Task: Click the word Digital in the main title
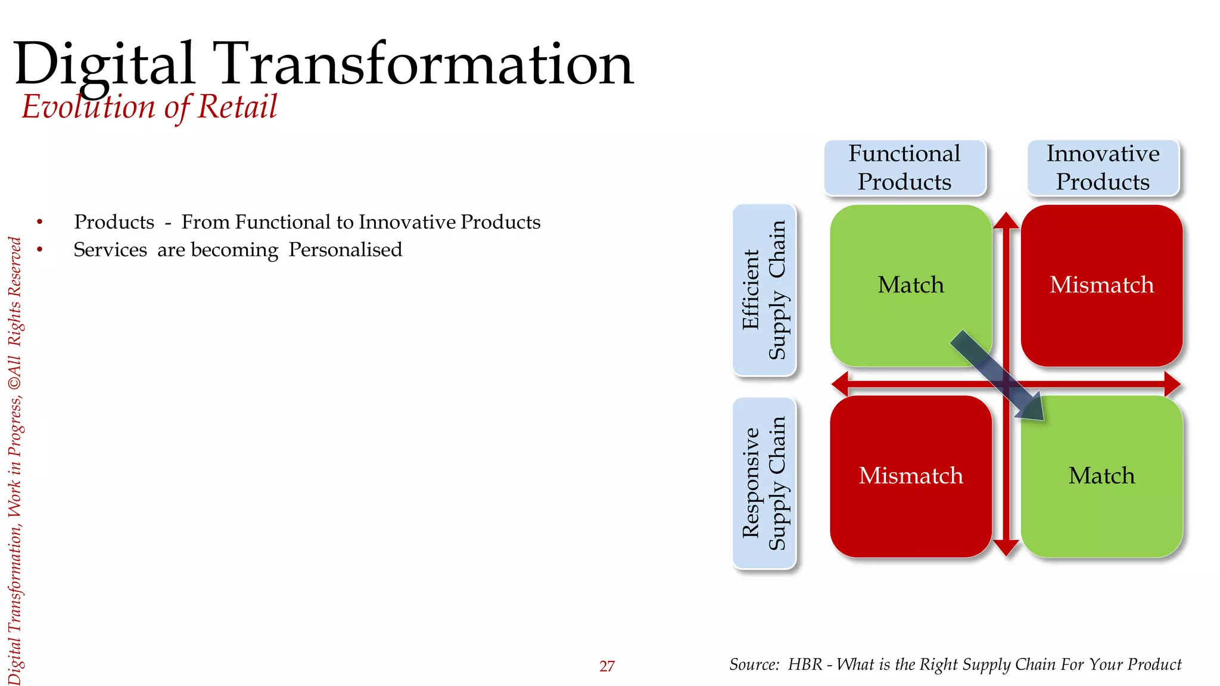104,64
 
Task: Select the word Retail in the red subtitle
237,107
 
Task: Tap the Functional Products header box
904,168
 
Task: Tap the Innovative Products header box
1103,168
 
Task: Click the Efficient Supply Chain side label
764,290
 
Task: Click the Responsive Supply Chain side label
764,483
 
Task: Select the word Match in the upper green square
910,285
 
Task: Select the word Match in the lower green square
1101,476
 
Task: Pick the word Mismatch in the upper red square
1101,285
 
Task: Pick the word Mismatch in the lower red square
910,476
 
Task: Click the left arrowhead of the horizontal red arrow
840,384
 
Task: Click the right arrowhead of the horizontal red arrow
1172,384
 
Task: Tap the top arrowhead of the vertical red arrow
1006,220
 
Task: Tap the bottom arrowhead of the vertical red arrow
1006,548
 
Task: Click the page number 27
606,666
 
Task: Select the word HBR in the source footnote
805,665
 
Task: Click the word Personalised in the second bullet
345,250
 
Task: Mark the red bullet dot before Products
40,222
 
